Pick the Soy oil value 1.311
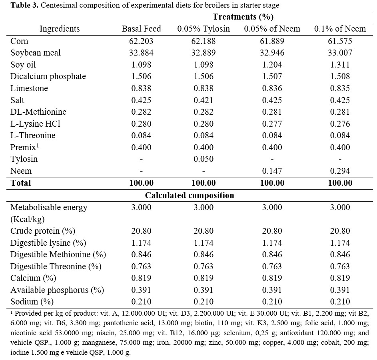coord(340,65)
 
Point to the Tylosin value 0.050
coord(203,159)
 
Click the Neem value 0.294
coord(340,171)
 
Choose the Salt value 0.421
coord(203,100)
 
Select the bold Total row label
coord(20,183)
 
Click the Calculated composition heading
coord(189,195)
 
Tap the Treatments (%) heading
coord(243,17)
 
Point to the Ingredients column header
coord(60,29)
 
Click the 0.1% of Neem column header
coord(340,29)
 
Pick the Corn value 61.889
coord(272,41)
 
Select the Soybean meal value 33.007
coord(340,53)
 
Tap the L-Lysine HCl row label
coord(35,124)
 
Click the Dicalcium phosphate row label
coord(48,77)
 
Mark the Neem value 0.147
coord(272,171)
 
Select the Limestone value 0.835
coord(340,88)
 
